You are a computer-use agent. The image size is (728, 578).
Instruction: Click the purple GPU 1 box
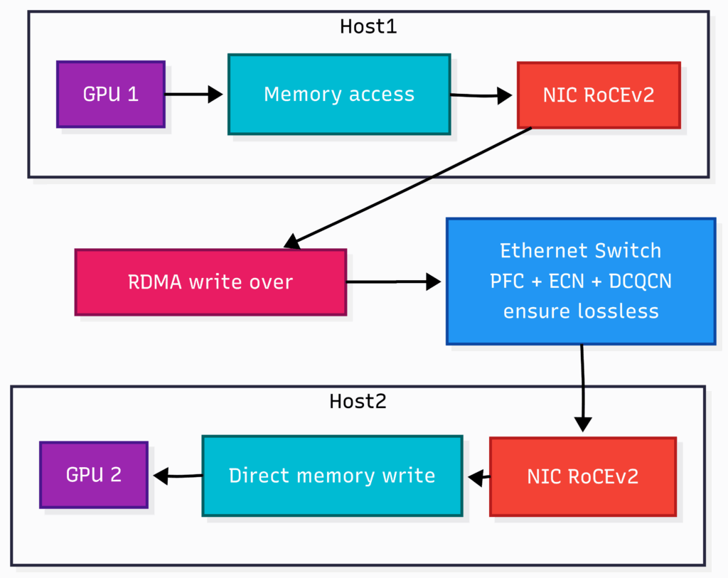(111, 95)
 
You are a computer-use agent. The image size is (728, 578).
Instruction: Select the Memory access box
(338, 95)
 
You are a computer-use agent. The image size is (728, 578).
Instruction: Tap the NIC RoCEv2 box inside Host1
(598, 95)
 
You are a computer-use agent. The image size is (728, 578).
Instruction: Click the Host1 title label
(368, 27)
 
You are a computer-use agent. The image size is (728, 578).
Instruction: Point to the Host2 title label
(358, 401)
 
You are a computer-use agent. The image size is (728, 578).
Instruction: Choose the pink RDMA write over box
(210, 282)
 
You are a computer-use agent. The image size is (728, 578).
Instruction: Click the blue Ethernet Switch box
(580, 281)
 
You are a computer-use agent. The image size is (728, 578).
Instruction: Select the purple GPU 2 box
(94, 475)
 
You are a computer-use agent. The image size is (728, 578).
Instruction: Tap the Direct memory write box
(332, 476)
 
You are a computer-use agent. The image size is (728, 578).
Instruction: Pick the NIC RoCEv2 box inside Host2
(582, 476)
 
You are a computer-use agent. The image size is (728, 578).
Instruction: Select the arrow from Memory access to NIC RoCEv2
(482, 95)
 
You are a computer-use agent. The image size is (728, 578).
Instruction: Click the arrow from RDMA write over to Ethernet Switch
(393, 282)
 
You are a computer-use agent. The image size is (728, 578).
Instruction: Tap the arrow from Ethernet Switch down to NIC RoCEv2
(582, 387)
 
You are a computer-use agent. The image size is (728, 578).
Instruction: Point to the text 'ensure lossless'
(580, 311)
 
